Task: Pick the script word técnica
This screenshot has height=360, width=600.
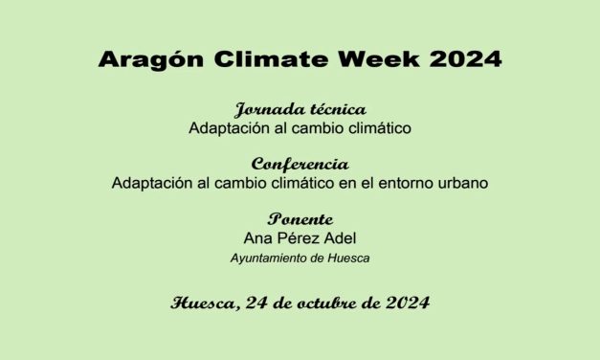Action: click(x=334, y=108)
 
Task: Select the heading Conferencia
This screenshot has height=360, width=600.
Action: click(x=300, y=164)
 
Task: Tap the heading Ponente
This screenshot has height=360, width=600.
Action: click(x=300, y=219)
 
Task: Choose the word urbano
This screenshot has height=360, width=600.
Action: click(x=465, y=182)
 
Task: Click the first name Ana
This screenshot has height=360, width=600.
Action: click(x=259, y=237)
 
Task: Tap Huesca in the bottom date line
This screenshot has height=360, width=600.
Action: click(x=202, y=304)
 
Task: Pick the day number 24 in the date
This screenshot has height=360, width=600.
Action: click(x=256, y=304)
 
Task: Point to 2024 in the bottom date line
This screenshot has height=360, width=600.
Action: click(x=406, y=304)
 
